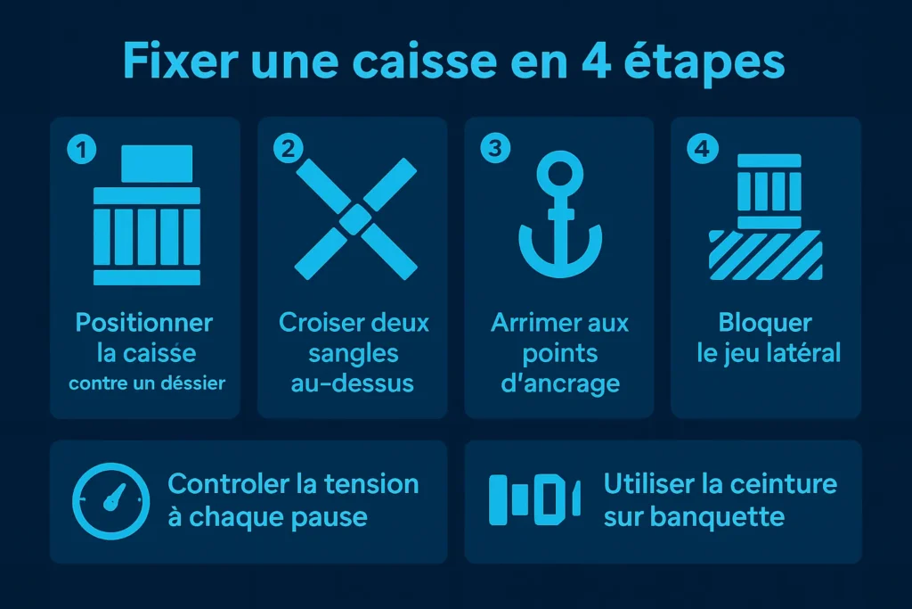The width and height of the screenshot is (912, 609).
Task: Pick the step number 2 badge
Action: point(287,149)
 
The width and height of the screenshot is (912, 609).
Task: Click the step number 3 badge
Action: point(493,149)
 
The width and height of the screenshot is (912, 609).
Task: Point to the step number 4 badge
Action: point(702,149)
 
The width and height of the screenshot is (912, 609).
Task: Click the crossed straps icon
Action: point(356,216)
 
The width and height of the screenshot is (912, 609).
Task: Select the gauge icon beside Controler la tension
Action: point(107,500)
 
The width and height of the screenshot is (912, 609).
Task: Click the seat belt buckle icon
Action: point(534,500)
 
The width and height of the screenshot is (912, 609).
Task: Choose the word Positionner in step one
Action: point(144,322)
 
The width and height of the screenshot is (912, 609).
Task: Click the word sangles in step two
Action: point(354,353)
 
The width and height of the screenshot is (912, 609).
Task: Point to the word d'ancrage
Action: point(559,384)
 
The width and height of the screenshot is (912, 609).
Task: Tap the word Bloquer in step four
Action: point(765,322)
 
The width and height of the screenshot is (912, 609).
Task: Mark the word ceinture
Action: point(784,484)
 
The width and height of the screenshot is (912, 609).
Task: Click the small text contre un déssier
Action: point(147,384)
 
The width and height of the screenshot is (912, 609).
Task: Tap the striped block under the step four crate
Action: point(766,254)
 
